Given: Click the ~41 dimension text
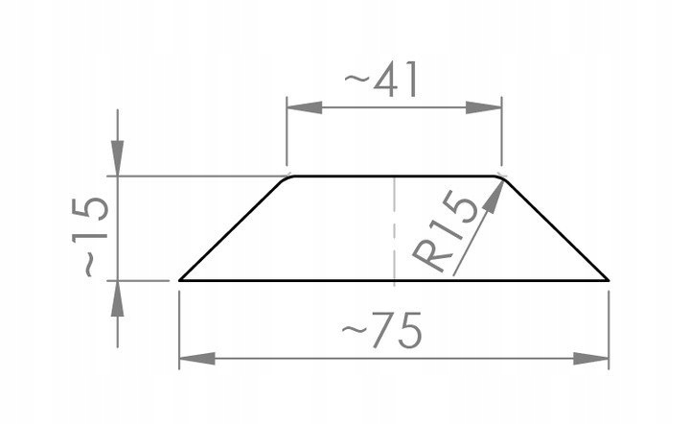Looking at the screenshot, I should [x=380, y=81].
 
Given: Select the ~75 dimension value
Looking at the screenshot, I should [x=382, y=334].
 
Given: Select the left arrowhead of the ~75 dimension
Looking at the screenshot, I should [x=192, y=359].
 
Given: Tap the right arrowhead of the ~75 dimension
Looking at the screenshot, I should [x=597, y=359].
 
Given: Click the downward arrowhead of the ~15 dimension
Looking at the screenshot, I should [x=117, y=164].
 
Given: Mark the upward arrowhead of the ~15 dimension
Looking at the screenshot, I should [x=117, y=294].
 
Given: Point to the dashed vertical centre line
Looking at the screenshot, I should [x=396, y=230].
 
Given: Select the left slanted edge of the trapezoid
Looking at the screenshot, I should [x=235, y=228].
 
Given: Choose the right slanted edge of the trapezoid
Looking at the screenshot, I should [x=556, y=228].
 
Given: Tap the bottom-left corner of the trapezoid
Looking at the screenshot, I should [x=181, y=280].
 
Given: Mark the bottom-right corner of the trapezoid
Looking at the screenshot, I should [x=609, y=280].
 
